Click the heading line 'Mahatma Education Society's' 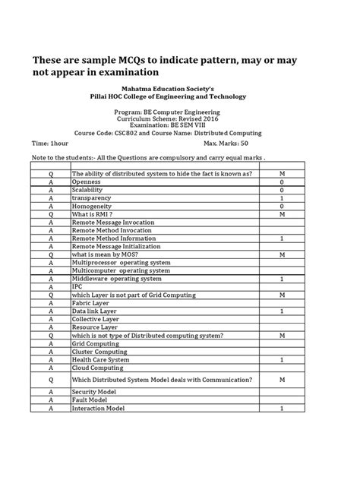tap(180, 88)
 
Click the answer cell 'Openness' tap(86, 183)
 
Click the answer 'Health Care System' tap(101, 359)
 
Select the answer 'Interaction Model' tap(99, 409)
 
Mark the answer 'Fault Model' tap(90, 400)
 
